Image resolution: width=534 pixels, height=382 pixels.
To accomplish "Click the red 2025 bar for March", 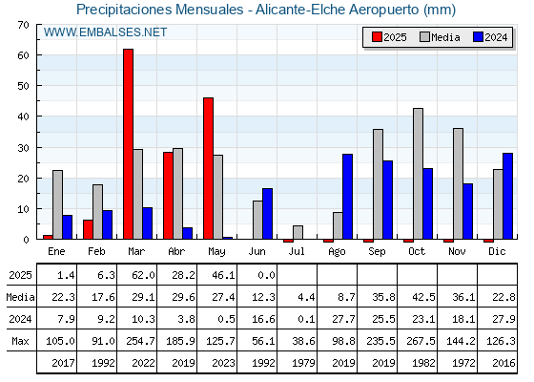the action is coord(128,144).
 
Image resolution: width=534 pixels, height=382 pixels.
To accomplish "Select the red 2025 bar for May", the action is coord(208,168).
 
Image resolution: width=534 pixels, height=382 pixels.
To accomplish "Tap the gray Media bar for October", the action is coord(419,174).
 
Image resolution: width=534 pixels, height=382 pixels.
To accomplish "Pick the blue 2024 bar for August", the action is coord(348,197).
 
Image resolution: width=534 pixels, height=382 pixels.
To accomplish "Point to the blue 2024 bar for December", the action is coord(507,196).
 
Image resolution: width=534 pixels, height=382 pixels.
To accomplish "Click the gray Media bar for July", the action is coord(298,232).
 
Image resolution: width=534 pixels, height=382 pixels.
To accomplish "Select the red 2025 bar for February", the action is coord(88,229).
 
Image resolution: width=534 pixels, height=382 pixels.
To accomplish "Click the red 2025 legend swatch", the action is coord(377,37).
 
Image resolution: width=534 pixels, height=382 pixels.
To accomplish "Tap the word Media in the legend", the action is coord(445,37).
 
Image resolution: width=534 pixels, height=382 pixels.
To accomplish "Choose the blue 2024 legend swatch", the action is coord(478,37).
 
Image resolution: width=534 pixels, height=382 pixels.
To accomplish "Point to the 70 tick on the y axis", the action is coord(24,25).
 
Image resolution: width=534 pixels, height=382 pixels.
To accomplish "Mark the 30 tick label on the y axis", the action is coord(24,148).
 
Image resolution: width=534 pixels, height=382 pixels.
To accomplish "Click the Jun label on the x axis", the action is coord(257,252).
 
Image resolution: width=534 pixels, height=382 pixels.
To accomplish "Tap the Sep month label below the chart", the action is coord(377,252).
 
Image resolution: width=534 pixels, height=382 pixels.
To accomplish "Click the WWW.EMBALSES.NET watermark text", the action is coord(105,32).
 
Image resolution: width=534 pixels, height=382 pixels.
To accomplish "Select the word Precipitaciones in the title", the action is coord(124,10).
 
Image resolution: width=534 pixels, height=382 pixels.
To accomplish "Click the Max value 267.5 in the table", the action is coord(423,341).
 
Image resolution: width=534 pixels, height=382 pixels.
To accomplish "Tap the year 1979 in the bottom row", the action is coord(303,363).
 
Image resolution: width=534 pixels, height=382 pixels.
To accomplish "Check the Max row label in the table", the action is coord(20,341).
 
